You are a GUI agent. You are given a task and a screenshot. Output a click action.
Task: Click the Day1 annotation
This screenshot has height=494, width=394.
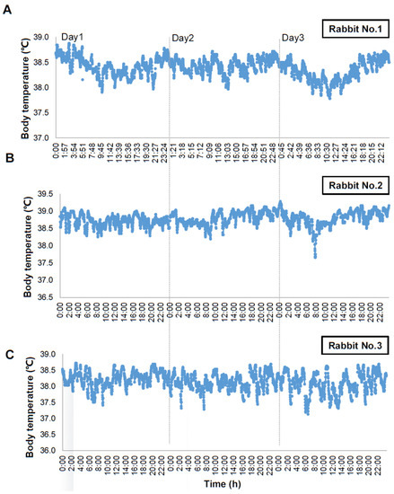tap(73, 37)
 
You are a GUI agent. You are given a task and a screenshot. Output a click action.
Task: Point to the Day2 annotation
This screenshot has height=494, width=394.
tap(183, 38)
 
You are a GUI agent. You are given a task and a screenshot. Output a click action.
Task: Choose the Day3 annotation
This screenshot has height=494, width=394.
tap(293, 38)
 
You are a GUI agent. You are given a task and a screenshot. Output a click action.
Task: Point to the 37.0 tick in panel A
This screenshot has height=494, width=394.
tap(41, 137)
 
